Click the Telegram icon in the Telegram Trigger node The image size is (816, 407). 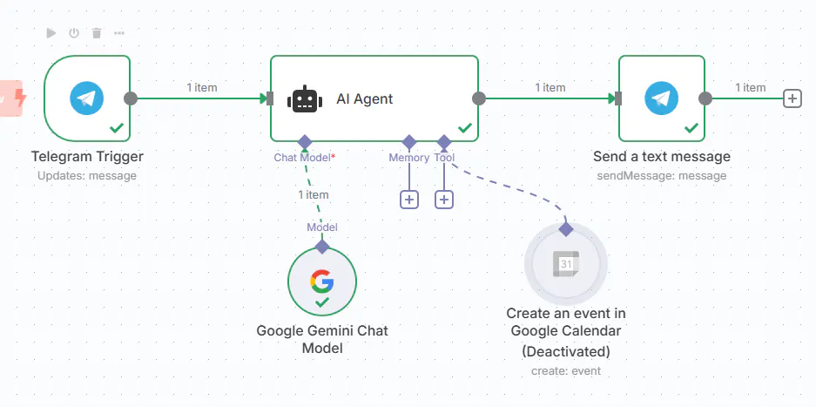coord(87,98)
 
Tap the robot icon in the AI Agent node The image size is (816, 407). coord(305,98)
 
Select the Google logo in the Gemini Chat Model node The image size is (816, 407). coord(322,281)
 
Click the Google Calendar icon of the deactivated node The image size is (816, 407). coord(566,264)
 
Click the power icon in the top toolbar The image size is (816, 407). coord(74,33)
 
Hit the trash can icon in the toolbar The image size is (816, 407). coord(97,33)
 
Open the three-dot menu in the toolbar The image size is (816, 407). coord(119,33)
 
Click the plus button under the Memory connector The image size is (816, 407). coord(409,200)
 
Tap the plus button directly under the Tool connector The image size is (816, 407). coord(444,200)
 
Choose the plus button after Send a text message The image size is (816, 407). coord(792,98)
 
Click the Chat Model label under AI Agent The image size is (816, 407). coord(302,158)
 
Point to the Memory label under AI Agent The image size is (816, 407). coord(409,158)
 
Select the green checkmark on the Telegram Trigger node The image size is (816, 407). coord(117,127)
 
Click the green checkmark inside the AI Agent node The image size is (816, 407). coord(465,127)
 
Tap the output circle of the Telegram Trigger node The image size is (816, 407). coord(130,98)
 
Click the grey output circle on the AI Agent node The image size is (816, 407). coord(479,98)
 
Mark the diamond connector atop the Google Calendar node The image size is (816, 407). coord(566,229)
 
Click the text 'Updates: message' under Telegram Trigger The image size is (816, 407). coord(87,176)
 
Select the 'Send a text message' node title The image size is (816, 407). coord(662,156)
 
